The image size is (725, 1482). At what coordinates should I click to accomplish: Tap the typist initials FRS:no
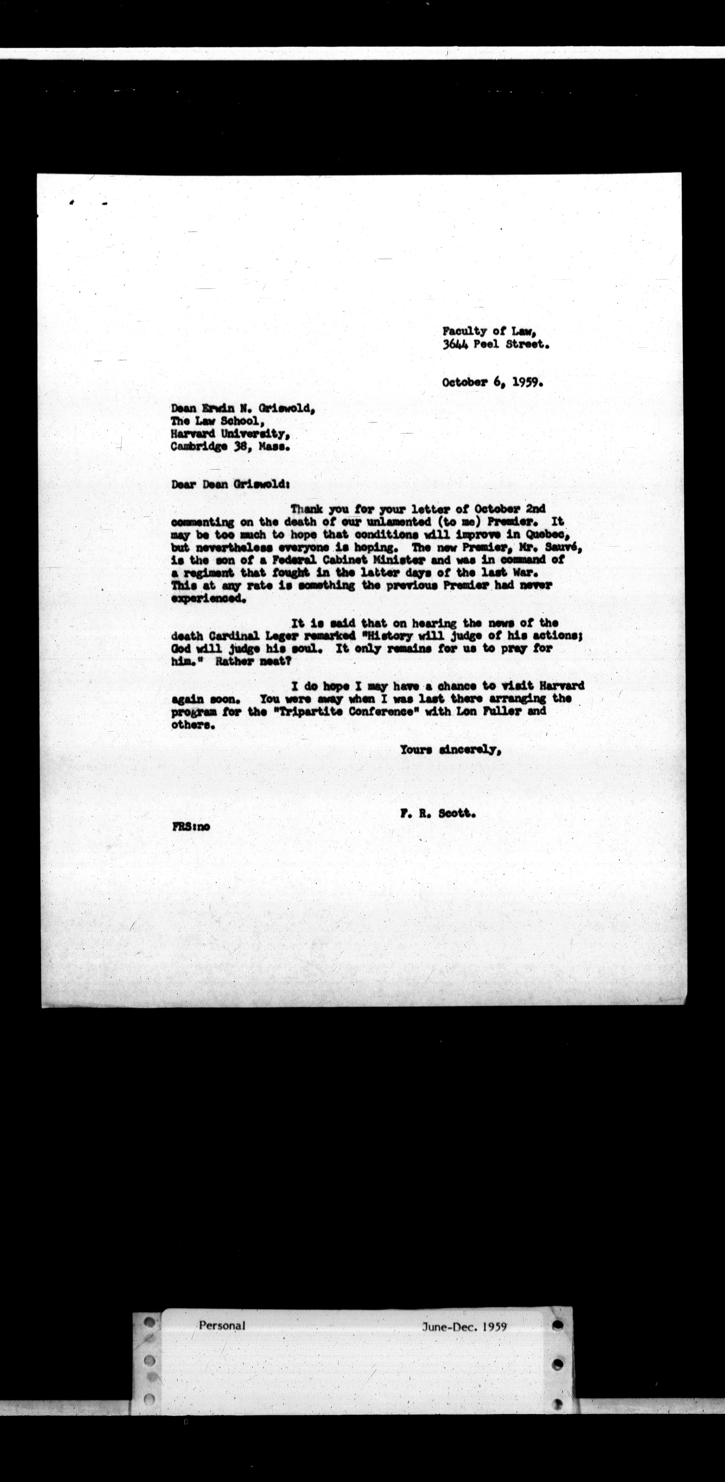pos(191,827)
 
